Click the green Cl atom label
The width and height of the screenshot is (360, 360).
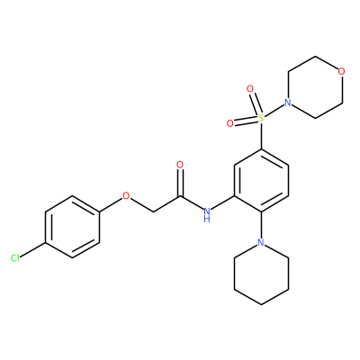[x=15, y=258]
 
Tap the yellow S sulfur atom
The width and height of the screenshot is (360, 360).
[x=261, y=118]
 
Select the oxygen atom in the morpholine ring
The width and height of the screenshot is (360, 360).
[x=341, y=71]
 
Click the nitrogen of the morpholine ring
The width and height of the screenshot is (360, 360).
[x=288, y=103]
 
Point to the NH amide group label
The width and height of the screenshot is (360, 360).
[x=207, y=214]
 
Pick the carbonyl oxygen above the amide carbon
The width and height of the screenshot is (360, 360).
[x=180, y=165]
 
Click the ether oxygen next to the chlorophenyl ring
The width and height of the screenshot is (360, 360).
[x=126, y=196]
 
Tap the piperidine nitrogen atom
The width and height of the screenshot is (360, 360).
[x=261, y=242]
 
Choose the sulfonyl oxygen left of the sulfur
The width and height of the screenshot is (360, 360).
[x=230, y=123]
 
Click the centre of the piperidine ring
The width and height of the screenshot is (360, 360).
[x=261, y=274]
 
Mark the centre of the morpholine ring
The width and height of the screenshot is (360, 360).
[x=315, y=87]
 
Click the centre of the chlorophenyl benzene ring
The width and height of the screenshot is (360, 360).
[x=72, y=227]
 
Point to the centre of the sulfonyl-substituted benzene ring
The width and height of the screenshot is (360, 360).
[x=261, y=180]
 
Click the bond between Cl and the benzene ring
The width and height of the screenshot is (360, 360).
[x=32, y=249]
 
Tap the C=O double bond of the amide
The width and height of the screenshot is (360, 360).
[x=180, y=183]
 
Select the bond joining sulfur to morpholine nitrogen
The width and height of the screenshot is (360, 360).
[x=274, y=111]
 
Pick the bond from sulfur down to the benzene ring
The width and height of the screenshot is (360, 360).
[x=261, y=136]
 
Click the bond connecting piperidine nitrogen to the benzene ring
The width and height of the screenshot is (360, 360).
[x=261, y=225]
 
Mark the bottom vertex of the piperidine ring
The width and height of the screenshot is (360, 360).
[x=261, y=305]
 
